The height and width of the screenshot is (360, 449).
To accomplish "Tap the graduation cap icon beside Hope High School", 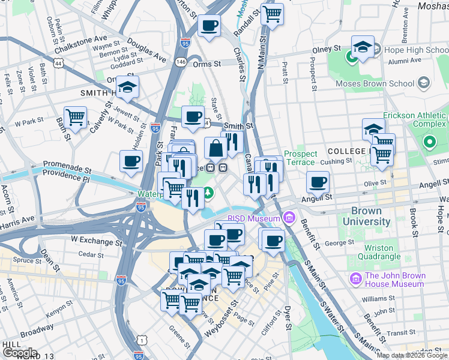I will click(x=363, y=47).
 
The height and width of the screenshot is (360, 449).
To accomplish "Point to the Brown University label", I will click(x=370, y=216).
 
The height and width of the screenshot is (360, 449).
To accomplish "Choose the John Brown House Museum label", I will click(x=394, y=280).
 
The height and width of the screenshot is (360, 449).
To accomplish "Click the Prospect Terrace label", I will click(x=300, y=158).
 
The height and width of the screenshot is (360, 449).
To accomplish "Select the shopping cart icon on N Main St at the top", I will click(x=272, y=14).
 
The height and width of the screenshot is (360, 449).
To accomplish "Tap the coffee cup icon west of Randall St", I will click(x=209, y=26).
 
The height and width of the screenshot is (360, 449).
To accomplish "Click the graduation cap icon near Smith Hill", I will click(x=127, y=88).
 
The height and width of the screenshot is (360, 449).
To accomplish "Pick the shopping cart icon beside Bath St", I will click(x=75, y=118).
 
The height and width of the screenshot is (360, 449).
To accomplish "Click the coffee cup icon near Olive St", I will click(x=318, y=182).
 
